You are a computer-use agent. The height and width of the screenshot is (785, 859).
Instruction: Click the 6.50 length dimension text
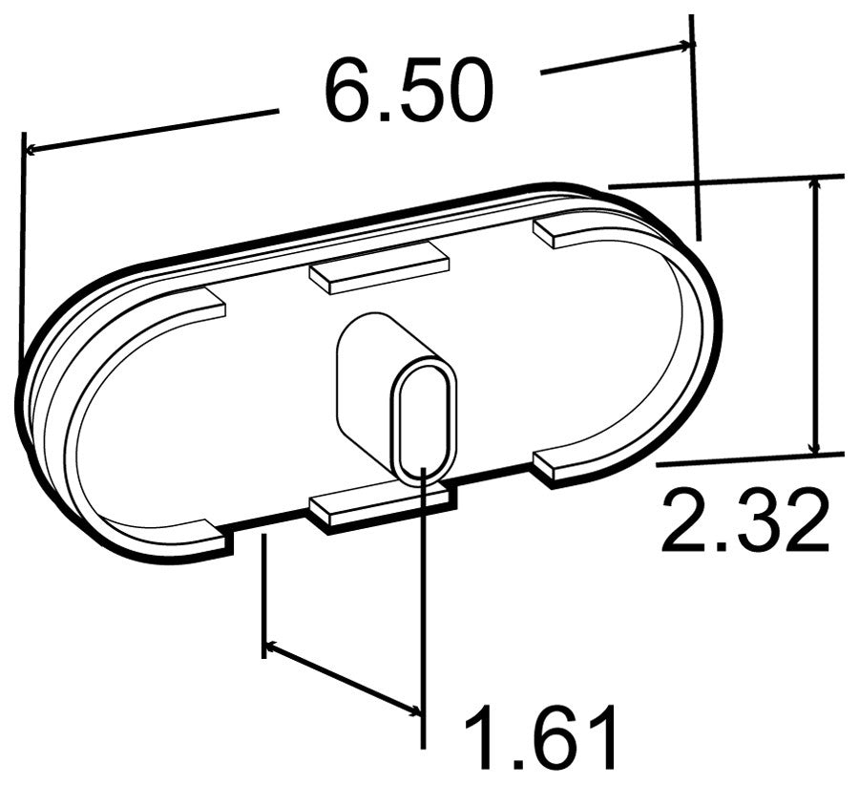(409, 91)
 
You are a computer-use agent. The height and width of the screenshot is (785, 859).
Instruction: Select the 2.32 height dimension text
(744, 520)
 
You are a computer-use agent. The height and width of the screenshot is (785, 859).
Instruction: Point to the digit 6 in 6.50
(347, 91)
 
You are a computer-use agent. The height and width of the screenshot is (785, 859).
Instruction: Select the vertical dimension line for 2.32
(814, 315)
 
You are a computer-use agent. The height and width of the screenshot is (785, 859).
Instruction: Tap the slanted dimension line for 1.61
(344, 679)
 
